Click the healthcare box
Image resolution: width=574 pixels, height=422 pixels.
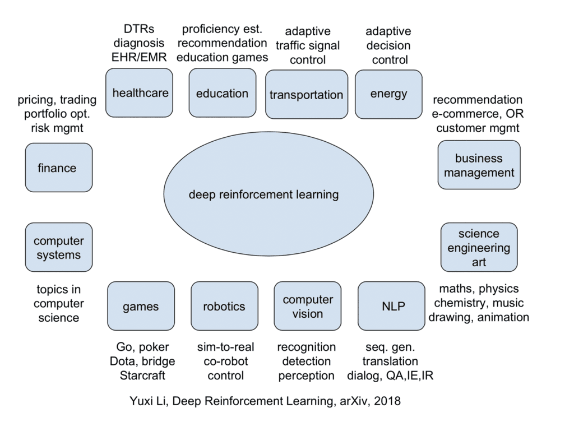[140, 93]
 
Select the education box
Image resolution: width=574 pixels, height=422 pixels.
[222, 93]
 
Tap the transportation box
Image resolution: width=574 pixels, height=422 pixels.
[306, 94]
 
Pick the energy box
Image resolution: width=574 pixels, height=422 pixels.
[388, 94]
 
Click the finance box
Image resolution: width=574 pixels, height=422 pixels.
[58, 168]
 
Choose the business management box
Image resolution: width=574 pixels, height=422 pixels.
[479, 165]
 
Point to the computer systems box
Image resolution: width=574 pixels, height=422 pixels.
[58, 247]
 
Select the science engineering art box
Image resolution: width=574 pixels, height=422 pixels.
[479, 247]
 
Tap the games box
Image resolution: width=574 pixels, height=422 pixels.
[141, 306]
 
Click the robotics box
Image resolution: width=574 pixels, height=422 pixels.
[224, 306]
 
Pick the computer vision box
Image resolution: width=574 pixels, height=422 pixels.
[307, 306]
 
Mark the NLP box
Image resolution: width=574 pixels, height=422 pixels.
[391, 306]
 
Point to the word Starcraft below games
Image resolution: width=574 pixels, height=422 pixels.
[142, 375]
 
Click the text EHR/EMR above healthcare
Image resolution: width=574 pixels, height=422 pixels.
[138, 57]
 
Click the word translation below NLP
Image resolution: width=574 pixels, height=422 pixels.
[390, 361]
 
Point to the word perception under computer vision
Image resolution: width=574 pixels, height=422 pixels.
[306, 375]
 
